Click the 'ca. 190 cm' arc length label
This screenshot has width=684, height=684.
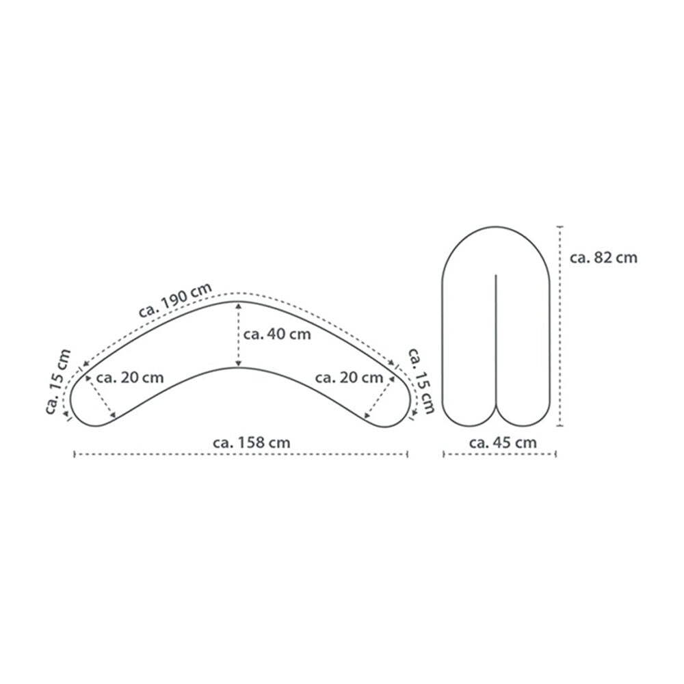pyautogui.click(x=175, y=300)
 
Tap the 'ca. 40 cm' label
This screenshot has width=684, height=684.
pyautogui.click(x=277, y=334)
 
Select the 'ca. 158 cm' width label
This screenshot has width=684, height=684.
pyautogui.click(x=252, y=443)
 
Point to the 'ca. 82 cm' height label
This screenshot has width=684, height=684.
pyautogui.click(x=603, y=258)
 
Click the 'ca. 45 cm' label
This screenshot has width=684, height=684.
pyautogui.click(x=503, y=443)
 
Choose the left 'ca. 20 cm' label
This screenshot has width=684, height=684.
pyautogui.click(x=130, y=378)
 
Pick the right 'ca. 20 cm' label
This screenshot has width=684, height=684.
pyautogui.click(x=349, y=378)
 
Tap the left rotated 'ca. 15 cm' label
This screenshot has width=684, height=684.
pyautogui.click(x=58, y=382)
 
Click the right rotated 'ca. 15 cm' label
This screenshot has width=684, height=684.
pyautogui.click(x=421, y=380)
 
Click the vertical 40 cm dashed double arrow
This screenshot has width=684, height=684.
pyautogui.click(x=238, y=335)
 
